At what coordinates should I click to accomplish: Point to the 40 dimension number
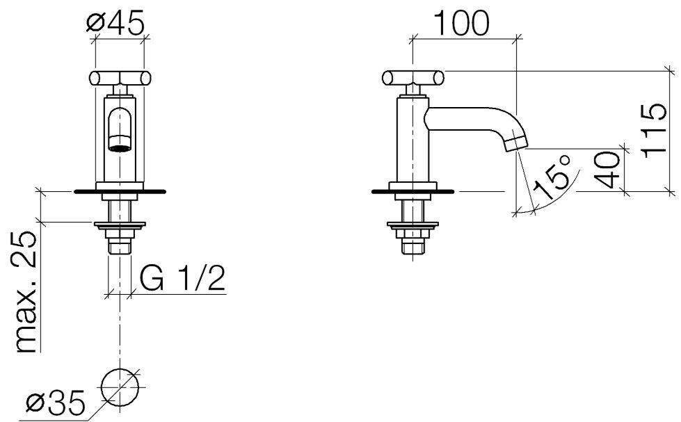coord(608,170)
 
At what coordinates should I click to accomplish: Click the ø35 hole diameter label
coord(55,403)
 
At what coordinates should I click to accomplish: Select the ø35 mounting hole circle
coord(120,388)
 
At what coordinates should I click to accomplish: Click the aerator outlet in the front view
coord(120,147)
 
